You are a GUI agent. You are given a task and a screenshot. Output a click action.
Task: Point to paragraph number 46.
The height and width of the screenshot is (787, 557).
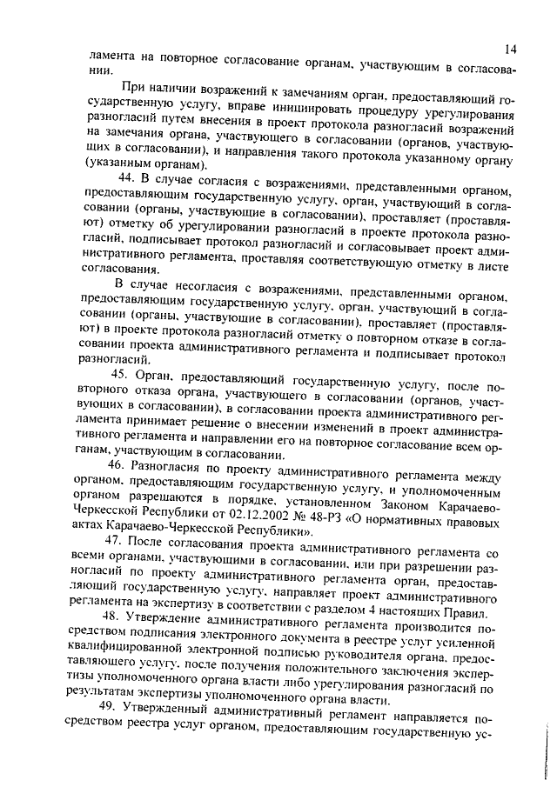(121, 466)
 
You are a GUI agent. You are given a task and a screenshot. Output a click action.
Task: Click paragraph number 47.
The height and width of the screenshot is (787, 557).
(119, 543)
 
